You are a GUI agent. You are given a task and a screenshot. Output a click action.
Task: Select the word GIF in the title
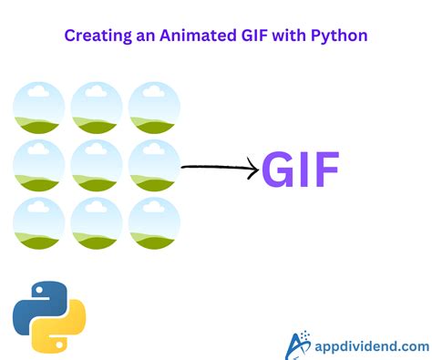tap(244, 36)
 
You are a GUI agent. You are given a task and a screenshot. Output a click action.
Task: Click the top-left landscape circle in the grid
tap(39, 108)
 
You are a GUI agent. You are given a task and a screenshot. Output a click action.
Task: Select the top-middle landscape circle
tap(97, 108)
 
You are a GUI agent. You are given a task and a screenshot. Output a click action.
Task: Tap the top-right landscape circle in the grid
tap(154, 108)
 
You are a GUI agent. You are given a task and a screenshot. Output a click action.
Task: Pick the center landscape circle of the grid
tap(97, 166)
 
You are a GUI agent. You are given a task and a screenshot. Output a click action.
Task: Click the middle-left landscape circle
tap(39, 166)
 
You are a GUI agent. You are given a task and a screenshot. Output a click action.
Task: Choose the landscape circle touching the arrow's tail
tap(154, 166)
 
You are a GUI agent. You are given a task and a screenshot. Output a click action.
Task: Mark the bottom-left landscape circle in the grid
tap(39, 223)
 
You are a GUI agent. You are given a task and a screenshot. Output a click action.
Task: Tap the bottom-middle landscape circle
tap(97, 223)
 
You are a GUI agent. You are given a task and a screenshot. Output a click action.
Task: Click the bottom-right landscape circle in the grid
tap(154, 223)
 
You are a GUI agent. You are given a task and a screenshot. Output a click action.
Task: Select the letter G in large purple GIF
tap(282, 170)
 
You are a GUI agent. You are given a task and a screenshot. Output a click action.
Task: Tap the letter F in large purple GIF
tap(324, 170)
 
